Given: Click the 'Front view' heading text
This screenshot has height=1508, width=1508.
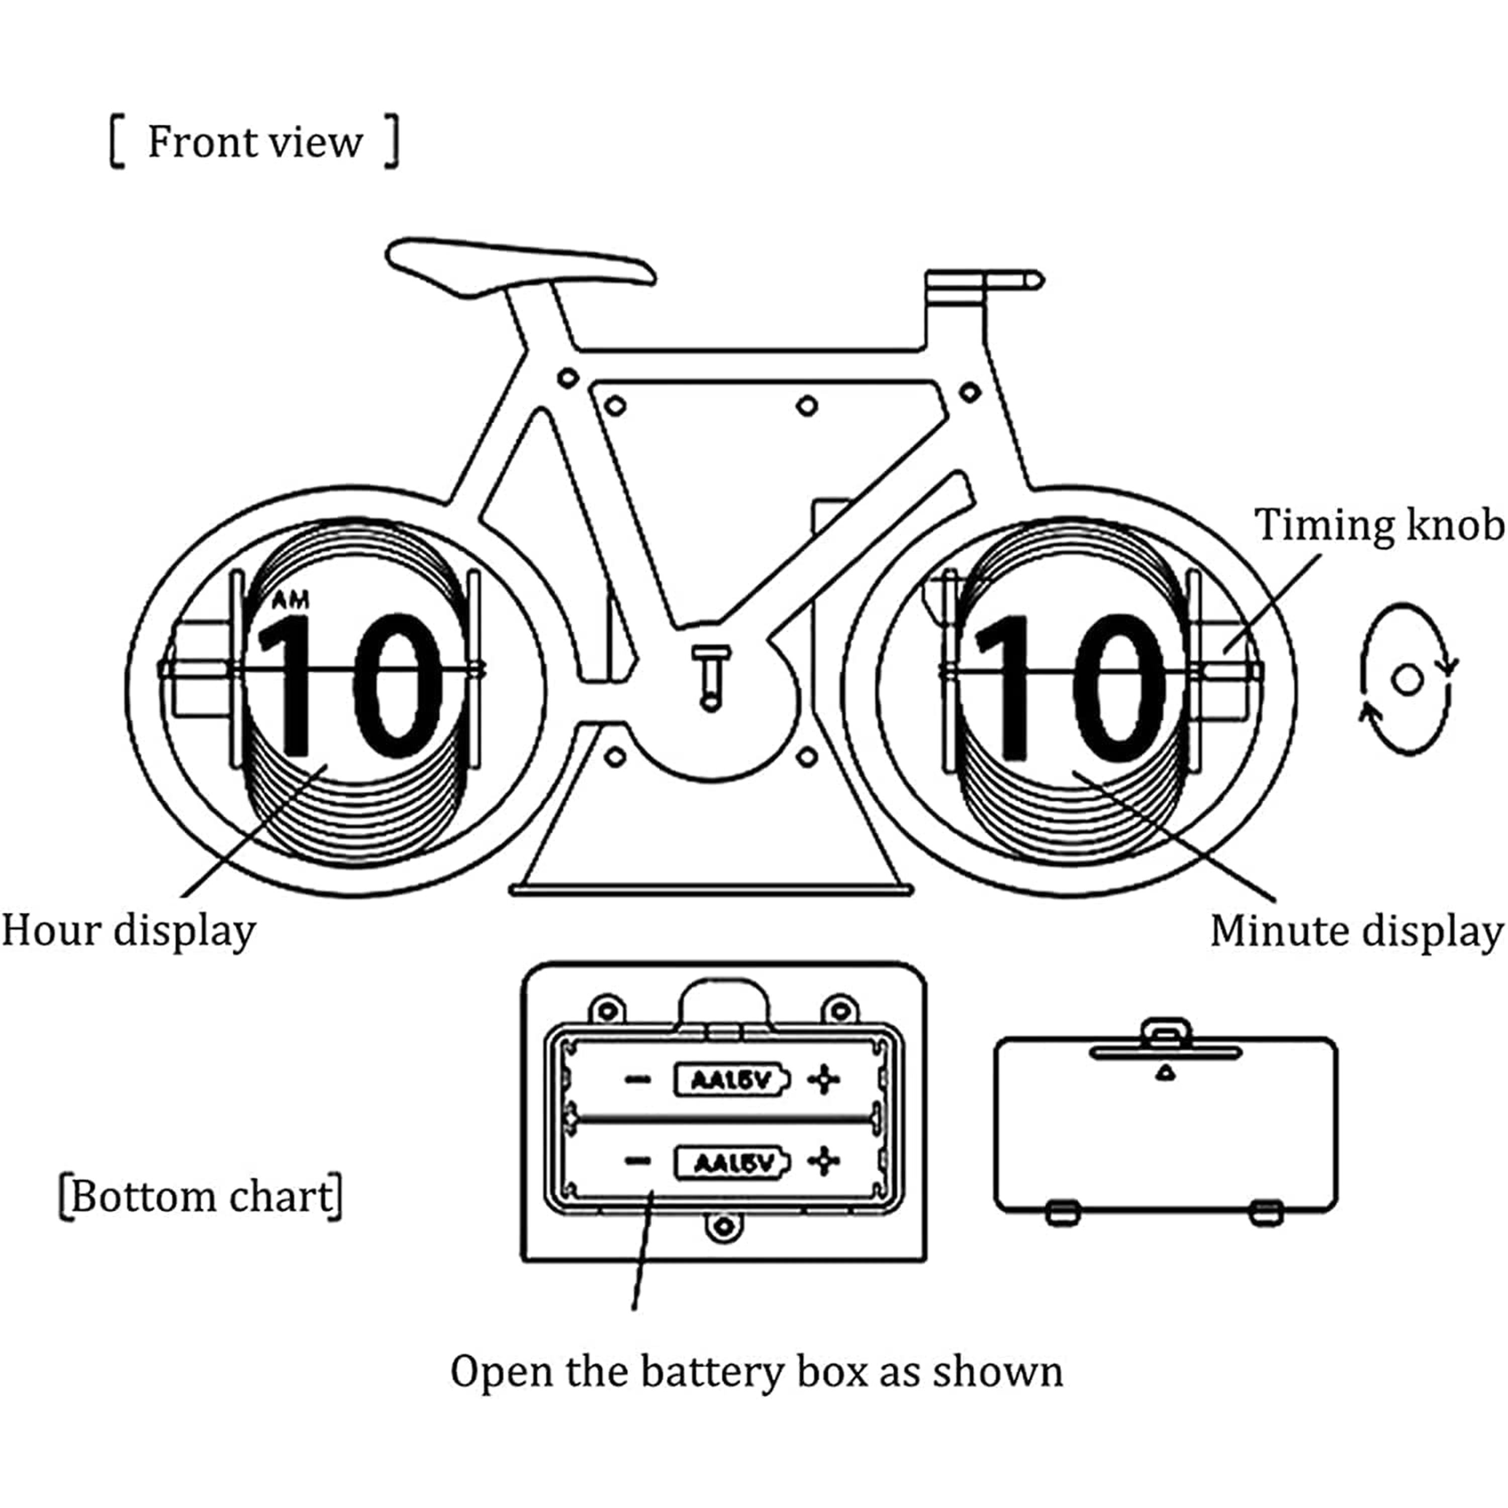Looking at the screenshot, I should (x=254, y=142).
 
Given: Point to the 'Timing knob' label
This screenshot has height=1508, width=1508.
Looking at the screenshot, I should (x=1378, y=524).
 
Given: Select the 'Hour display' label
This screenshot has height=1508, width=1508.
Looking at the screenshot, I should (x=129, y=930).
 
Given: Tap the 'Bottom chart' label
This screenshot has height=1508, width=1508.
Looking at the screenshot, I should (x=202, y=1196).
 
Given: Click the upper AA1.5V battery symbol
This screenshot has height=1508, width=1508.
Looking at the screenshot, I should (x=731, y=1080).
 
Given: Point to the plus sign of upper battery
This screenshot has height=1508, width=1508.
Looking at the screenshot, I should (x=823, y=1080).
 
